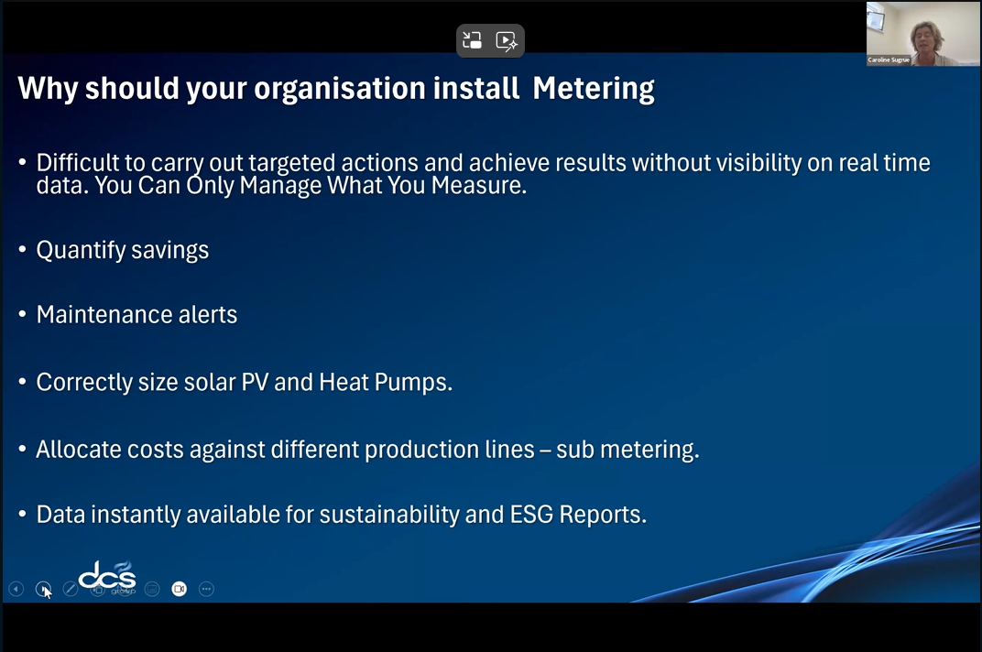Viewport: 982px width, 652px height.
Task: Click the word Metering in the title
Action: tap(594, 89)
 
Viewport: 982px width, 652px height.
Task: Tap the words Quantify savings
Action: tap(122, 250)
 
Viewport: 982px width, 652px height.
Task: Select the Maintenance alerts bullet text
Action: tap(136, 314)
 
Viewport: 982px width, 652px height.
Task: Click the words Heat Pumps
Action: tap(385, 382)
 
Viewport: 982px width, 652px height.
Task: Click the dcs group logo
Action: tap(108, 577)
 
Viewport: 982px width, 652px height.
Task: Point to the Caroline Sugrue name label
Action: tap(889, 60)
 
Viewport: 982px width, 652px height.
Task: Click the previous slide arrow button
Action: tap(16, 589)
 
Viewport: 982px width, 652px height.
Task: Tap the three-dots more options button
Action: tap(206, 589)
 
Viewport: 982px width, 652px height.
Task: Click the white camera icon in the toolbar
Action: tap(180, 589)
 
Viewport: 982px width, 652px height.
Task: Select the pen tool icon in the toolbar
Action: tap(71, 589)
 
